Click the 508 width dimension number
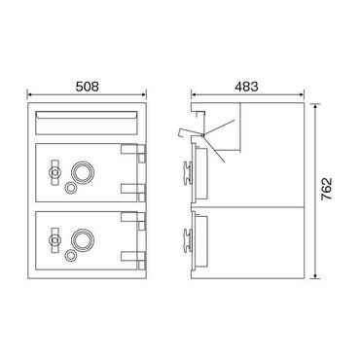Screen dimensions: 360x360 [87, 87]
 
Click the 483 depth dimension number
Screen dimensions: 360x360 [247, 87]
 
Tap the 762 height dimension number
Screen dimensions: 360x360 [327, 189]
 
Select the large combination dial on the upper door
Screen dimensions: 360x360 [83, 172]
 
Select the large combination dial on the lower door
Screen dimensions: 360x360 [83, 240]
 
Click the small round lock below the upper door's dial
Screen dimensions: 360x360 [70, 188]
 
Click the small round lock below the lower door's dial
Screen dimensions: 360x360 [70, 256]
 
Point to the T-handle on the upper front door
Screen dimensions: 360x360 [54, 172]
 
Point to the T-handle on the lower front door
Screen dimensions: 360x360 [54, 240]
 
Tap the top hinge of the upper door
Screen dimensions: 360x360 [133, 153]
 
